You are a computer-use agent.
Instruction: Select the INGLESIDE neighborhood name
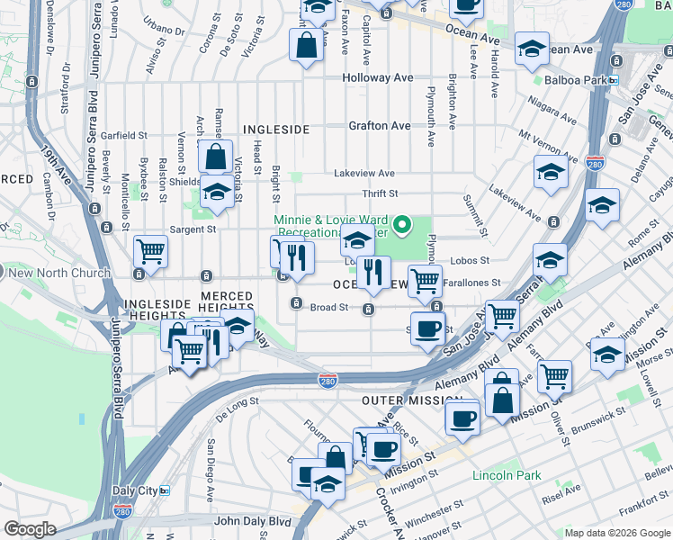pyautogui.click(x=275, y=130)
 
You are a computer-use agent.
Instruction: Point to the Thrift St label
pyautogui.click(x=380, y=193)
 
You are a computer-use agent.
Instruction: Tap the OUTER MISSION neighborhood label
pyautogui.click(x=411, y=400)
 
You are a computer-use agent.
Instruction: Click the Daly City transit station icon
pyautogui.click(x=166, y=490)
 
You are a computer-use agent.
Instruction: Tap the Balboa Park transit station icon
pyautogui.click(x=613, y=80)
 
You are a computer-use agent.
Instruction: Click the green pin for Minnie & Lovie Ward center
pyautogui.click(x=402, y=224)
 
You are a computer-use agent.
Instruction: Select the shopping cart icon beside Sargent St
pyautogui.click(x=150, y=252)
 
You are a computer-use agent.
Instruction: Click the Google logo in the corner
pyautogui.click(x=30, y=529)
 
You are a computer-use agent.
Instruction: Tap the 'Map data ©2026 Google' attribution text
pyautogui.click(x=617, y=534)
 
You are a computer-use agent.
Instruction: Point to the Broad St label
pyautogui.click(x=329, y=307)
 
